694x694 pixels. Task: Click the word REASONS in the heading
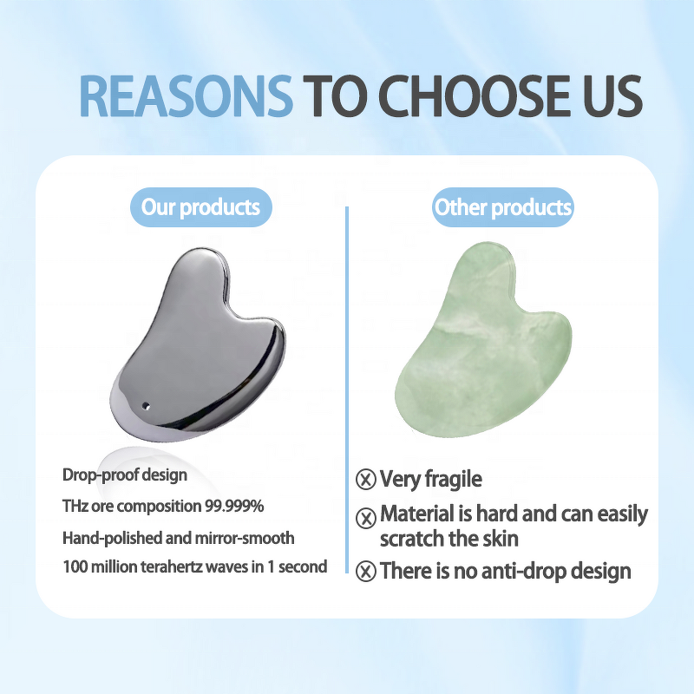(186, 97)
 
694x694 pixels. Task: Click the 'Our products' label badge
(200, 207)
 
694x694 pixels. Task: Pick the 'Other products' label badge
(503, 207)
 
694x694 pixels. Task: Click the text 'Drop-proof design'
(125, 475)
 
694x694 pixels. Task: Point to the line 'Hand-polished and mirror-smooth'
(179, 537)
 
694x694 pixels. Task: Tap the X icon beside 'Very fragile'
(366, 479)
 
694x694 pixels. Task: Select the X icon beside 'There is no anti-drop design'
(366, 571)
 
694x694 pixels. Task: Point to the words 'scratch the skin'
(449, 539)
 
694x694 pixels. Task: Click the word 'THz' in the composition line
(75, 506)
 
